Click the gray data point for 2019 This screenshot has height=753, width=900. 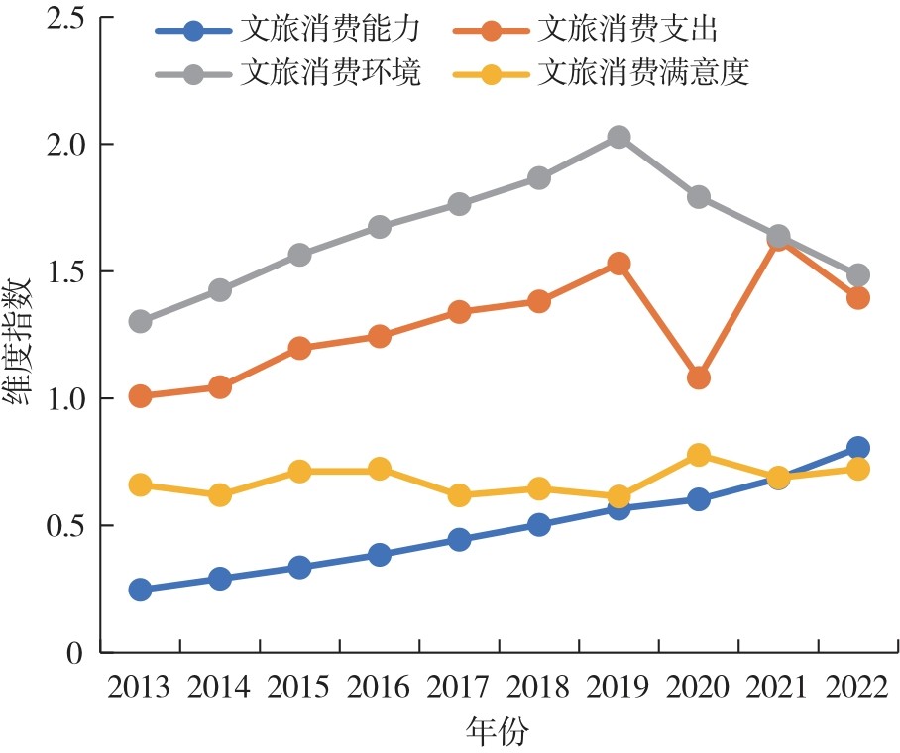tap(619, 137)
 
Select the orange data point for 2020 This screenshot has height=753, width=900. tap(699, 377)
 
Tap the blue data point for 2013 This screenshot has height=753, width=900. tap(140, 590)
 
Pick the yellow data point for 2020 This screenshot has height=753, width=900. tap(699, 455)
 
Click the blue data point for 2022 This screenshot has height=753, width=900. tap(858, 448)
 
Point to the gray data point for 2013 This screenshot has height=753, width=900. tap(140, 321)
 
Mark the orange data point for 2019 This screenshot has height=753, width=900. tap(619, 264)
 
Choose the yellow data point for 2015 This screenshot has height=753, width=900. tap(300, 470)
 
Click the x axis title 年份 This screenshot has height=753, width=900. tap(498, 733)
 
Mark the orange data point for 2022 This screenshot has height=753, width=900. tap(858, 297)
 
